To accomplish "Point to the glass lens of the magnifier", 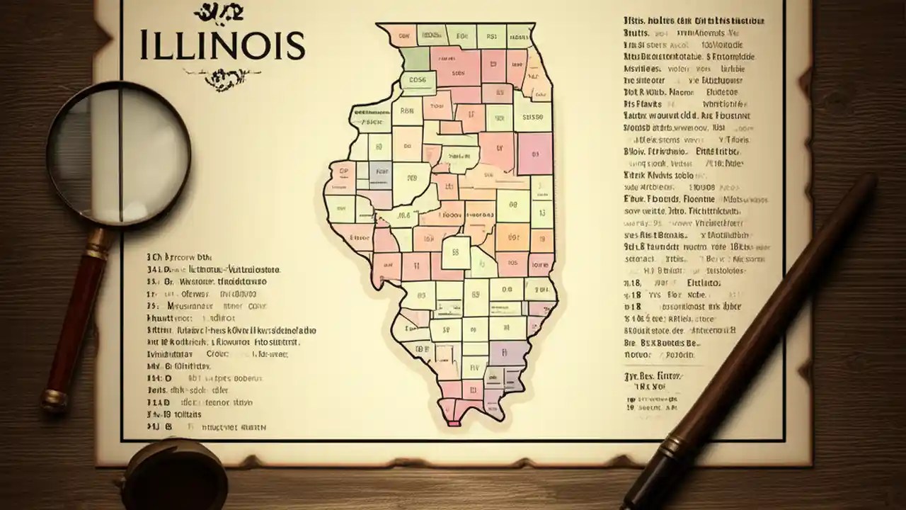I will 118,152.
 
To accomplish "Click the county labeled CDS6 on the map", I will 418,80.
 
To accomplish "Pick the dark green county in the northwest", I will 415,58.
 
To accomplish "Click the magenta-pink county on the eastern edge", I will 534,154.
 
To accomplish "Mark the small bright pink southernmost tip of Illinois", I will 454,423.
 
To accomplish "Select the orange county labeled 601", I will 512,237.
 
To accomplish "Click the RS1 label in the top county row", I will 486,34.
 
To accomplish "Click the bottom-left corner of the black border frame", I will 122,438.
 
